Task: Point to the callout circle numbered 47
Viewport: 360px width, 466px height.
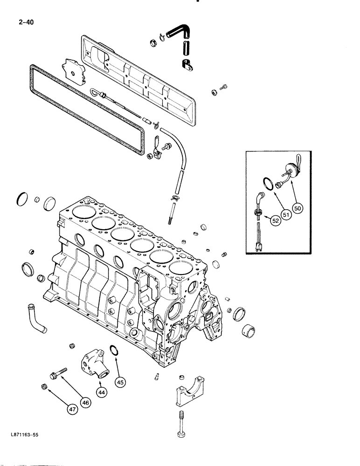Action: pos(71,410)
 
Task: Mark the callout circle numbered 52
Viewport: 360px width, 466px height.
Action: pos(276,222)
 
